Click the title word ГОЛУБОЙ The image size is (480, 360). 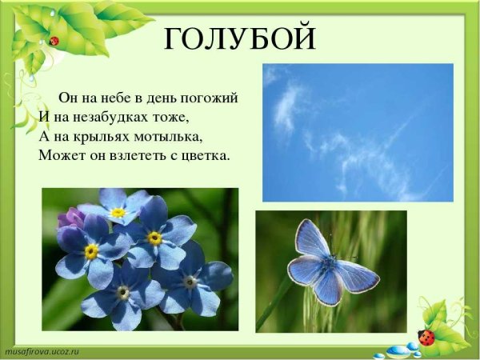coord(240,37)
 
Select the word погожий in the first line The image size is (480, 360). coord(211,99)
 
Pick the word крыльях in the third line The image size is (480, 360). coord(103,136)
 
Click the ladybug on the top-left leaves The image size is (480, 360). coord(54,40)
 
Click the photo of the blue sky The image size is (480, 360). coord(358,132)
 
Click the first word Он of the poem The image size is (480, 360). coord(67,98)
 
